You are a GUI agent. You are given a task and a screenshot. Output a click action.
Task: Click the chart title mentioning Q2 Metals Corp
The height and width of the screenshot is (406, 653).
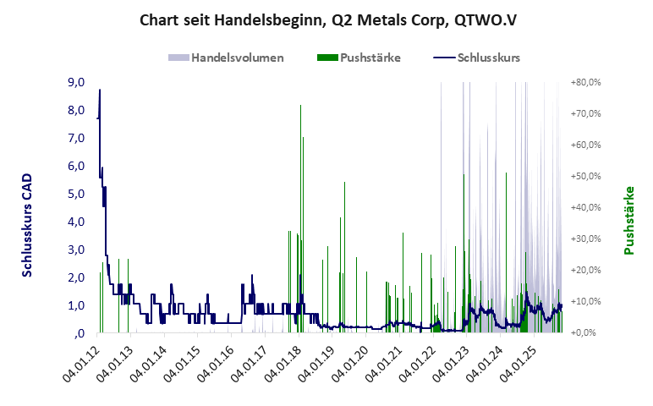326,19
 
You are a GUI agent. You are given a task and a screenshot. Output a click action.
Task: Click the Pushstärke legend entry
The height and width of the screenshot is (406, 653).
370,58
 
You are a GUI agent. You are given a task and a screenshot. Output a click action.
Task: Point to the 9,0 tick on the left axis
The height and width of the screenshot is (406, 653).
76,82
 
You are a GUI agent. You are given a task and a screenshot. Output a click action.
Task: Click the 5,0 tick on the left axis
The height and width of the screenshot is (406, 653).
76,194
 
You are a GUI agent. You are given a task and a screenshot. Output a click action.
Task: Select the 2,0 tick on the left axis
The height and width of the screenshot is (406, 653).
76,277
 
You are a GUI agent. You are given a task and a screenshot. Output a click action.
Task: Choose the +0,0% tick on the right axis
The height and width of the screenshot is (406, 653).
587,332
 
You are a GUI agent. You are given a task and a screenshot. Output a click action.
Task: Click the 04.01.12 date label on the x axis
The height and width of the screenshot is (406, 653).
80,363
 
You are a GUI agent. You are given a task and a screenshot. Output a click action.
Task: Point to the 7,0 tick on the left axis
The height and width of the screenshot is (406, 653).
76,138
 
